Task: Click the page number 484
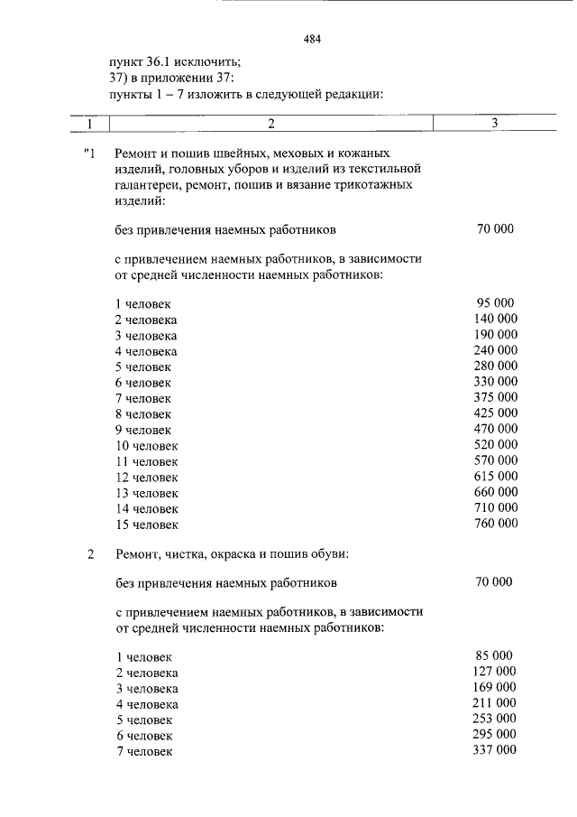(x=313, y=39)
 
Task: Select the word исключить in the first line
(x=208, y=61)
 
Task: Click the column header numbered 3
(x=494, y=122)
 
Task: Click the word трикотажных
(x=376, y=185)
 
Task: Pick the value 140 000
(x=495, y=319)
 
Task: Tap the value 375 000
(x=495, y=397)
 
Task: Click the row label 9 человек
(x=142, y=430)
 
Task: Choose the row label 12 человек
(x=146, y=477)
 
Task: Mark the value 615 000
(x=495, y=476)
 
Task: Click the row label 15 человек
(x=146, y=524)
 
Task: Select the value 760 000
(x=495, y=523)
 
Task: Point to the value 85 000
(x=494, y=655)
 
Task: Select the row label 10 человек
(x=146, y=445)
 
